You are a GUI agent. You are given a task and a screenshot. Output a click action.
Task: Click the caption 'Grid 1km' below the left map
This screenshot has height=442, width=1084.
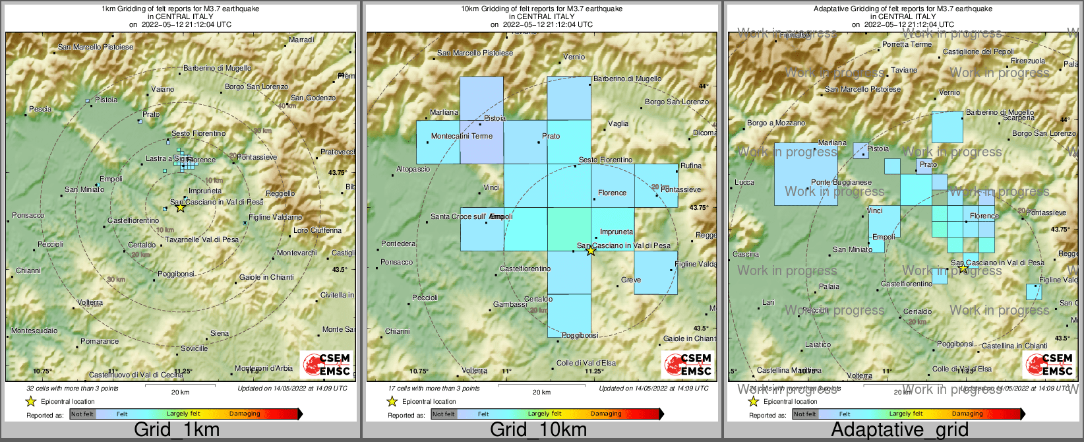point(177,430)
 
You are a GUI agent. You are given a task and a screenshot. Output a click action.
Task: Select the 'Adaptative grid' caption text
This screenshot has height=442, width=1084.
point(899,430)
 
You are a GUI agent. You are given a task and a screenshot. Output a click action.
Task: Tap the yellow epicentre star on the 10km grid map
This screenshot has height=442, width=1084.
point(591,251)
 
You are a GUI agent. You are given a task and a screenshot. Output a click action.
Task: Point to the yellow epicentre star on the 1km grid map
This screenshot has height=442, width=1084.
point(180,207)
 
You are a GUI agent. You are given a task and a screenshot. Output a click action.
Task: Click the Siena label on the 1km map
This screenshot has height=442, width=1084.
point(220,334)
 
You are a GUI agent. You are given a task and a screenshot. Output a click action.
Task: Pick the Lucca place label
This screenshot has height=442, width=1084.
point(744,182)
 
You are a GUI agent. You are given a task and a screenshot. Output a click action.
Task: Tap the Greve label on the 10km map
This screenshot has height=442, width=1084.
point(631,280)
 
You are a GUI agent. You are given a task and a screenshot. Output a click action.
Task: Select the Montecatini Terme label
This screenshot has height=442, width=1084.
point(462,136)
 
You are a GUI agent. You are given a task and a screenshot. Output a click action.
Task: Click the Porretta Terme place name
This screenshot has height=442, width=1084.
point(907,44)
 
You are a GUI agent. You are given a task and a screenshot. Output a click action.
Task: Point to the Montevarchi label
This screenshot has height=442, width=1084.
point(297,253)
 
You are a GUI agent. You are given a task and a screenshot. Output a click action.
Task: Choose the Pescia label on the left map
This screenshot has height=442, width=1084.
point(40,109)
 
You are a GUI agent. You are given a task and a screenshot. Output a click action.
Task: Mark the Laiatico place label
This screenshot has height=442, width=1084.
point(818,344)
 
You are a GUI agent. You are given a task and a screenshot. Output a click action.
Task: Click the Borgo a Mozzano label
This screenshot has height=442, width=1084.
point(776,123)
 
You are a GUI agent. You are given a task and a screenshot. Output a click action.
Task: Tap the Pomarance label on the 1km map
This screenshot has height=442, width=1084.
point(100,341)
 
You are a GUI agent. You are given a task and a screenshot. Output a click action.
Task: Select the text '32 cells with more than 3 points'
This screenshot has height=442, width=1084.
point(73,389)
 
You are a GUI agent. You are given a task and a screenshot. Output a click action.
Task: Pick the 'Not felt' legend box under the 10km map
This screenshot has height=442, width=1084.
point(444,414)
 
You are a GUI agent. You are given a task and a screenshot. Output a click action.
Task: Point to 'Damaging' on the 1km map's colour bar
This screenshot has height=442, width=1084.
point(245,414)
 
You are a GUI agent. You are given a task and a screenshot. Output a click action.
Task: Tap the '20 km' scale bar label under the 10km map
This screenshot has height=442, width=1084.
point(541,393)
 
